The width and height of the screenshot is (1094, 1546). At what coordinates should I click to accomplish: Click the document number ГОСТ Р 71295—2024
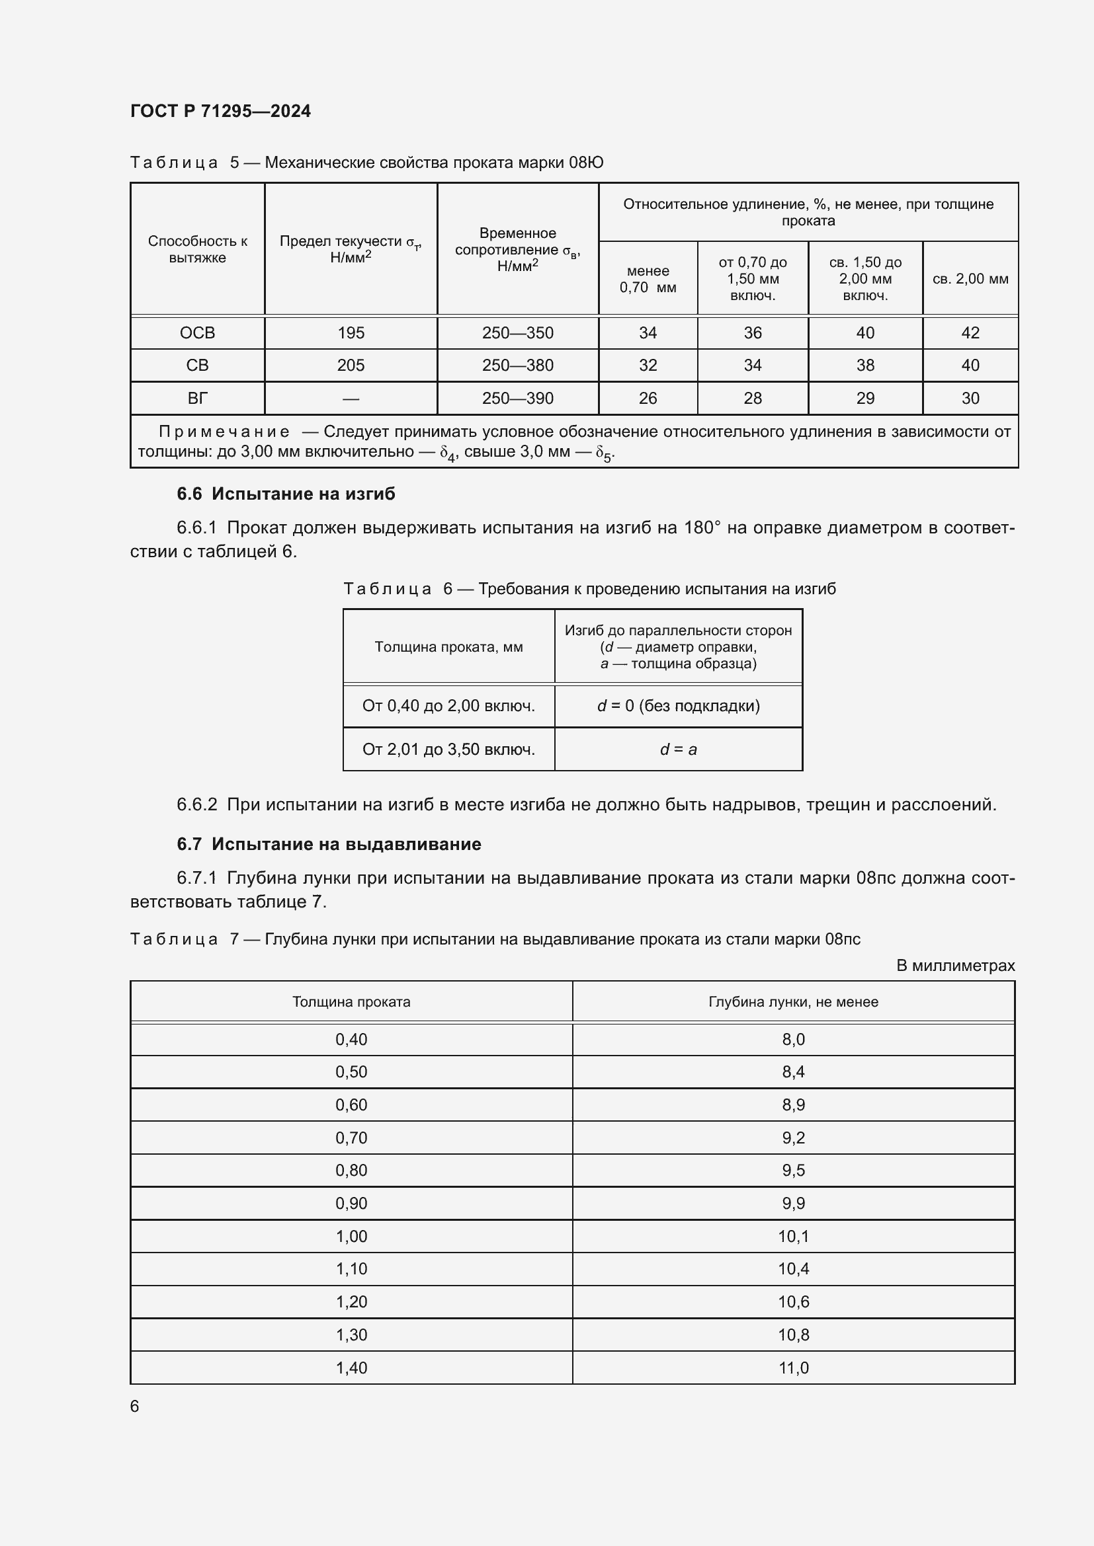[x=220, y=111]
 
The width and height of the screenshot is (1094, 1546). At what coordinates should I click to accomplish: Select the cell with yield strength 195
[x=351, y=332]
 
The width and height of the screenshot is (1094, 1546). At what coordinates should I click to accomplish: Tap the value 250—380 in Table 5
[x=517, y=365]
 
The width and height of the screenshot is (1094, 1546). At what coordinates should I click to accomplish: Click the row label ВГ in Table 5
[x=197, y=398]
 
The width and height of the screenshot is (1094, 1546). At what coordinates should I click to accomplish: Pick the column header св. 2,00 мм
[x=970, y=279]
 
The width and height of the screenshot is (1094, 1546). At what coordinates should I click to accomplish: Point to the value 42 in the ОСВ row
[x=970, y=332]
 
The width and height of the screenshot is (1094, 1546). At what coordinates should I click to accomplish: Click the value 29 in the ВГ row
[x=865, y=398]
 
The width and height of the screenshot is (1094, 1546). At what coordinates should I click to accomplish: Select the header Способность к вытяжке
[x=197, y=249]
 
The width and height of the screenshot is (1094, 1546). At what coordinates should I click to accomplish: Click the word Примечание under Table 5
[x=224, y=432]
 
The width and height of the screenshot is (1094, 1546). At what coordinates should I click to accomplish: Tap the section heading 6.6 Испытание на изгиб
[x=286, y=494]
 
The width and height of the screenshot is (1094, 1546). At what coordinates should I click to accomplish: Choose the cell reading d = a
[x=678, y=750]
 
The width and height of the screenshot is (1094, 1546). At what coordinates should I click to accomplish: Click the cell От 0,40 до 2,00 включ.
[x=448, y=706]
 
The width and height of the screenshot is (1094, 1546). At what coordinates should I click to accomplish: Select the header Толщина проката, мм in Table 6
[x=448, y=647]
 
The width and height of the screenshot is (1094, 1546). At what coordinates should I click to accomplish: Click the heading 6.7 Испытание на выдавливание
[x=329, y=843]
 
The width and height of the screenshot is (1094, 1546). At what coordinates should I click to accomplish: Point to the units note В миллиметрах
[x=954, y=966]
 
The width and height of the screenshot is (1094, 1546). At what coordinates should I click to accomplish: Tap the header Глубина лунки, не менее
[x=793, y=1002]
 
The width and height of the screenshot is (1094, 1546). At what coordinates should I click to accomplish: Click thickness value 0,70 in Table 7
[x=351, y=1138]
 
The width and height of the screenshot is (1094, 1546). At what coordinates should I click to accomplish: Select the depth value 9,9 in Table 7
[x=793, y=1203]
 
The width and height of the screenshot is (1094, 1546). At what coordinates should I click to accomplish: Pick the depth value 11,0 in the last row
[x=793, y=1368]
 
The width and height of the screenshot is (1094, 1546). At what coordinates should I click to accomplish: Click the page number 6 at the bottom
[x=135, y=1406]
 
